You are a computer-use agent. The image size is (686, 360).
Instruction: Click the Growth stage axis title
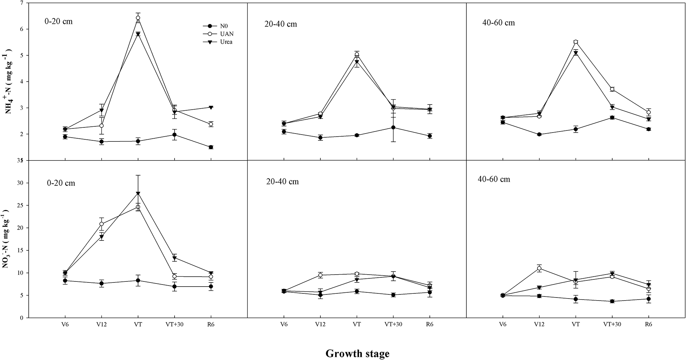coord(357,354)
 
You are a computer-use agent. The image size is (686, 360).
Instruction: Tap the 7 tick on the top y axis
coord(22,3)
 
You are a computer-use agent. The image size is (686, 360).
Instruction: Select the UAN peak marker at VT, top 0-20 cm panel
coord(138,18)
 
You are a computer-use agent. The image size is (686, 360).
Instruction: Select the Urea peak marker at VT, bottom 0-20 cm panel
coord(138,194)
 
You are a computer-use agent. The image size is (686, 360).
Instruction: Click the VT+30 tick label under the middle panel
coord(393,324)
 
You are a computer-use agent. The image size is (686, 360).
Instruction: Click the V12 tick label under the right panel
coord(539,324)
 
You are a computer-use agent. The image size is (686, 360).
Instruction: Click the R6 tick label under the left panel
coord(211,324)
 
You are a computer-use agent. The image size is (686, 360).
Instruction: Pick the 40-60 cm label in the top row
coord(498,23)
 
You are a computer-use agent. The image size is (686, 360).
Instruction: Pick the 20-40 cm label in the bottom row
coord(282,182)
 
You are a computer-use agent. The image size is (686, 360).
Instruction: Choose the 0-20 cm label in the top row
coord(58,21)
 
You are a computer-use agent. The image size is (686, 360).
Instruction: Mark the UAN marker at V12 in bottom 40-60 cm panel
coord(539,268)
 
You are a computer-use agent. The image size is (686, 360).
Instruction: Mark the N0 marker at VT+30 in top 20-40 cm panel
coord(393,127)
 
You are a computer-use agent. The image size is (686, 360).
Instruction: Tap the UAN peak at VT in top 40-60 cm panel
coord(576,42)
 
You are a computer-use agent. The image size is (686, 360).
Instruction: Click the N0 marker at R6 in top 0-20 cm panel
coord(211,147)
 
